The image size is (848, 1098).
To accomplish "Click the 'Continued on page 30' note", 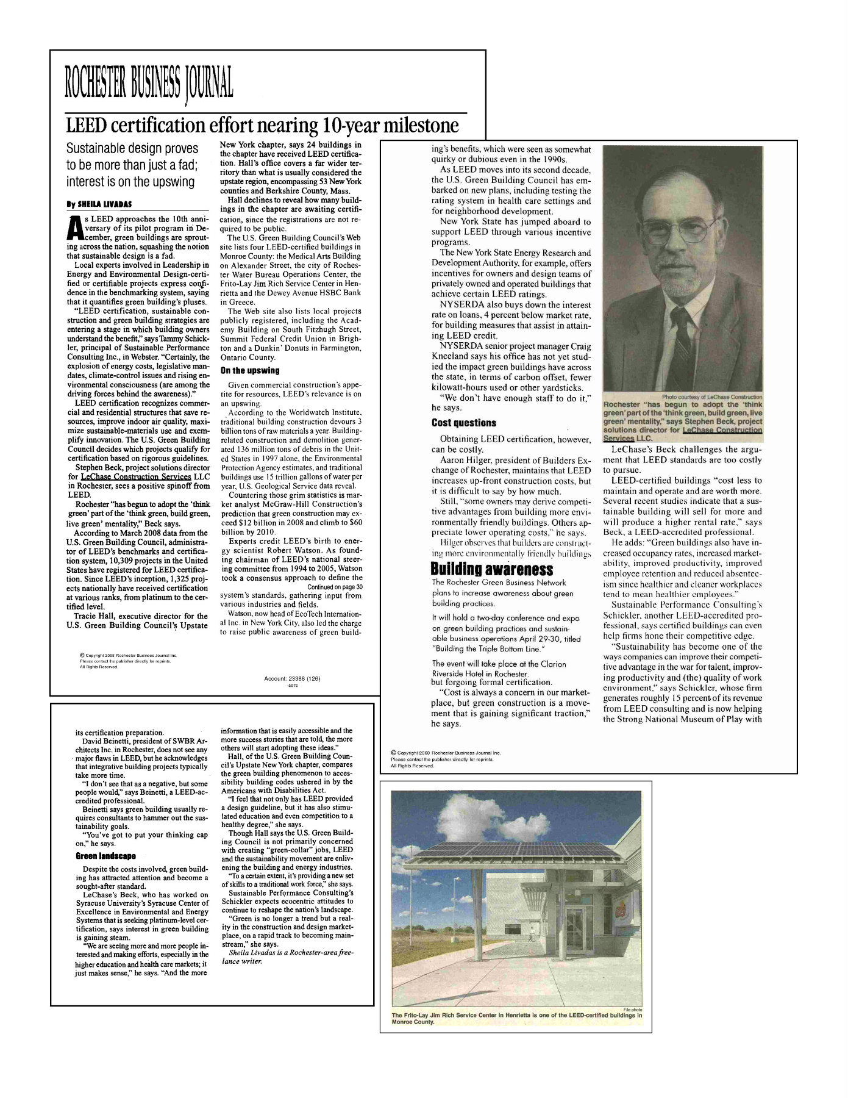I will click(335, 587).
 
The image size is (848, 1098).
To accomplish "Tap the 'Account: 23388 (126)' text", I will click(292, 678).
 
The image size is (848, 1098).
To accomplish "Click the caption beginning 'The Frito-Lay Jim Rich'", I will click(516, 1018).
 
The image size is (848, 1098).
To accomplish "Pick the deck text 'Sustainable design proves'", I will click(132, 148).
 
